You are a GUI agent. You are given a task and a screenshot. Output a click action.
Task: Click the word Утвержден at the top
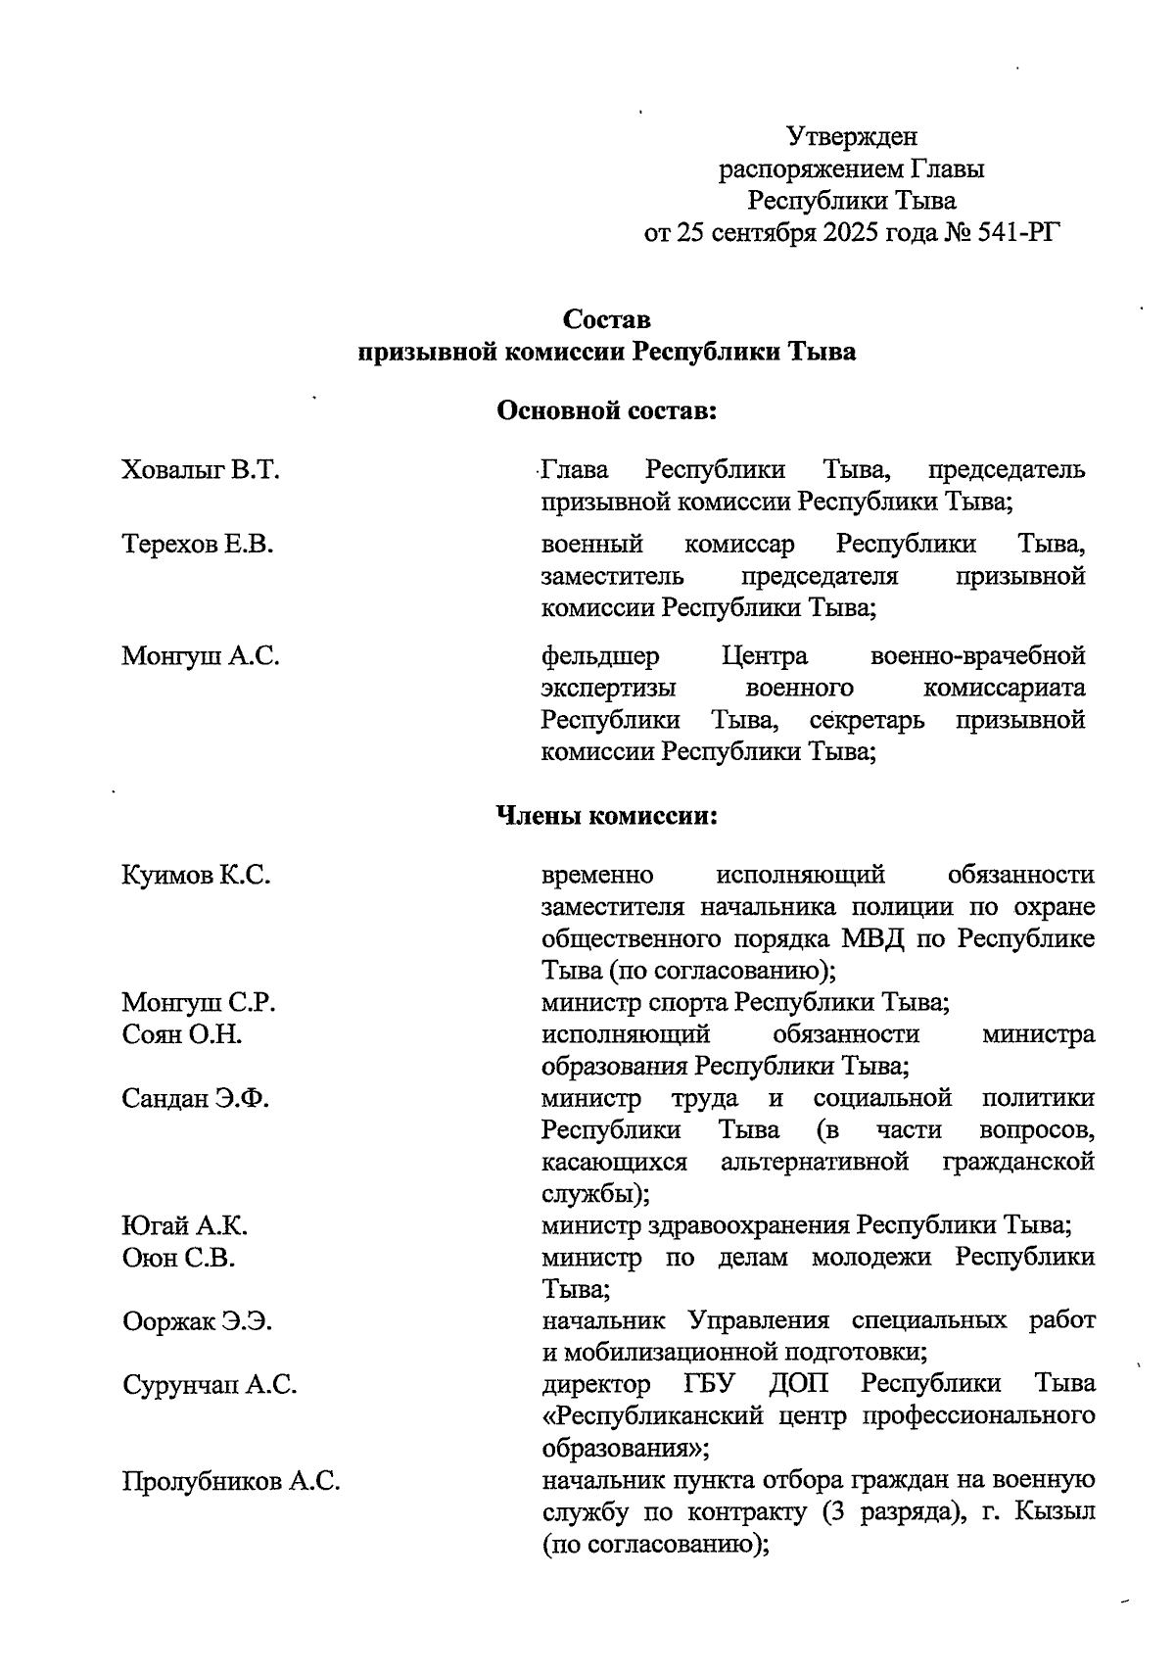(852, 137)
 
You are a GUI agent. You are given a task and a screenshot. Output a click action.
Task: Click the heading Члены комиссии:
(607, 816)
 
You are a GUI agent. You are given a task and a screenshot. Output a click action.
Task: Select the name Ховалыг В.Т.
(201, 470)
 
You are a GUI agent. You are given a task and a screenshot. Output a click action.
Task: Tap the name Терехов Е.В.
(198, 544)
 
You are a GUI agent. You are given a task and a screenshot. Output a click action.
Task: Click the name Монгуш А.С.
(201, 655)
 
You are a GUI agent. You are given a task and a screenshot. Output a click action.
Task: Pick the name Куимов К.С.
(196, 875)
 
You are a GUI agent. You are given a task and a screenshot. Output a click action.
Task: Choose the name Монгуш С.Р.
(199, 1003)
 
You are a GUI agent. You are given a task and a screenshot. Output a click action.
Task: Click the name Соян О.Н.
(182, 1034)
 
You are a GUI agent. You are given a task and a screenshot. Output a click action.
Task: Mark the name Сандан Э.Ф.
(196, 1099)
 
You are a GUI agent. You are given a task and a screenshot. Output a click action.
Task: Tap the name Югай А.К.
(185, 1226)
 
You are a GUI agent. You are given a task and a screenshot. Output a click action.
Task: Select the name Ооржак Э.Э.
(198, 1322)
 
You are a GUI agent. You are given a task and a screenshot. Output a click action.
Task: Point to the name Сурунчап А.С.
(210, 1385)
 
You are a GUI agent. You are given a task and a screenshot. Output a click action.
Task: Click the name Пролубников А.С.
(231, 1481)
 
